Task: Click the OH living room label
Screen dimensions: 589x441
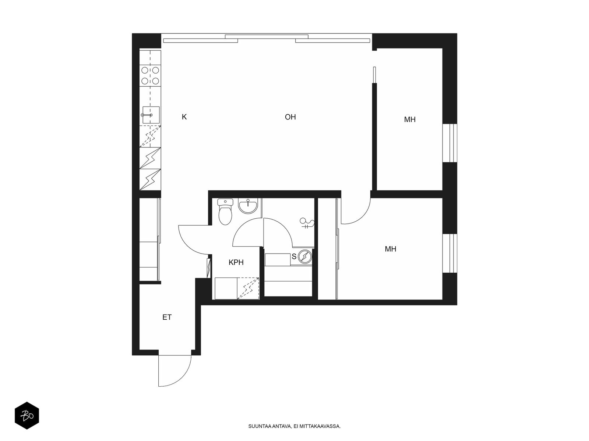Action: (290, 117)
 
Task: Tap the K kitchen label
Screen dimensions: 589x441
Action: (184, 117)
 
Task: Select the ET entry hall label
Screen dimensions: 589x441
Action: (167, 317)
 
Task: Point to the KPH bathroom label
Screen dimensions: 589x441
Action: (236, 262)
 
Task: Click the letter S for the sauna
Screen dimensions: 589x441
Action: (294, 257)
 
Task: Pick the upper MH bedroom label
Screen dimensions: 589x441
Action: (410, 120)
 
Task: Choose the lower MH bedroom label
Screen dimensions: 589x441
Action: (391, 249)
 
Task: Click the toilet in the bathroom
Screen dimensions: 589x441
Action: (225, 212)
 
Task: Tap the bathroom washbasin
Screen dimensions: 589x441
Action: (248, 206)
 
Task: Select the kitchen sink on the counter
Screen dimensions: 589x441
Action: (151, 115)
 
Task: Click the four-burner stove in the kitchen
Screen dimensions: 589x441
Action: (150, 75)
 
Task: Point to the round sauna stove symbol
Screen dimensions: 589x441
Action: (305, 256)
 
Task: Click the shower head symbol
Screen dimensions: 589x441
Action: (307, 223)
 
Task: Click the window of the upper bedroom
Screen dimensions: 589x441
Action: (450, 143)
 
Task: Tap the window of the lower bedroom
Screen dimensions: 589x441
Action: (450, 254)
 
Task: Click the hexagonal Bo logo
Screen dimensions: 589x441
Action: (27, 416)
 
